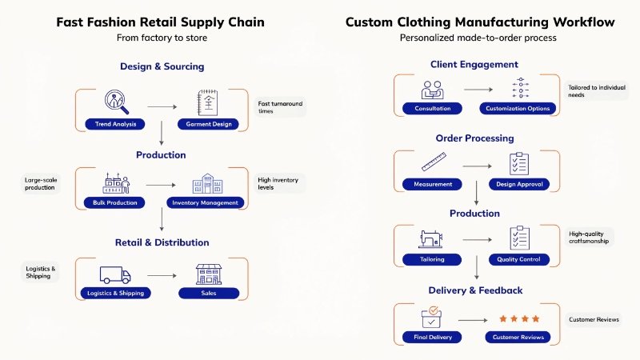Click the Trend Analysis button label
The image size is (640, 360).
116,124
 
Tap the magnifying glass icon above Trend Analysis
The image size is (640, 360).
117,102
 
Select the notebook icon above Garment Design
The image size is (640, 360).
208,102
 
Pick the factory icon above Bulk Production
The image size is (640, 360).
116,182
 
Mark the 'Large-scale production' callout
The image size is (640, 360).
40,184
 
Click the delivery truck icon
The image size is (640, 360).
116,274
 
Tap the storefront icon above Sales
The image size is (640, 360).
208,274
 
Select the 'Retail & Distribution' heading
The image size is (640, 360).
162,242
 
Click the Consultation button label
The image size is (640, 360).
433,108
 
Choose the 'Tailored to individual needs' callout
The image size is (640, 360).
594,90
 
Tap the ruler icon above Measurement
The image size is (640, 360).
433,164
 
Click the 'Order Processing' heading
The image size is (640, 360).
474,138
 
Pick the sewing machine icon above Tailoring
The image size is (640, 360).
433,239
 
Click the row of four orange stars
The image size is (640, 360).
519,318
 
